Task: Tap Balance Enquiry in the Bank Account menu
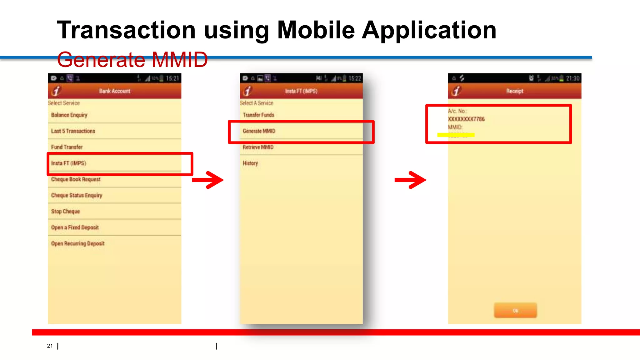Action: click(x=69, y=115)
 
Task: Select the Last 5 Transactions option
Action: click(x=73, y=131)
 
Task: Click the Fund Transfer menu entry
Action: click(x=67, y=147)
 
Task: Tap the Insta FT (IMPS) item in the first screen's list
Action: click(x=69, y=163)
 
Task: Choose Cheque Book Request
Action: click(x=76, y=179)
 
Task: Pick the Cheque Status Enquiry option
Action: click(x=77, y=195)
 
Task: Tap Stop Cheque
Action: click(x=66, y=211)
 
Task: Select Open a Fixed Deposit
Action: click(x=75, y=227)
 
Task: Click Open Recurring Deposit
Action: click(x=78, y=243)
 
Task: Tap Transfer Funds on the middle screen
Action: click(x=258, y=115)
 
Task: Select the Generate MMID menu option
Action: click(x=259, y=131)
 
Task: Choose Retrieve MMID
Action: click(x=258, y=147)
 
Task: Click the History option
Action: click(x=250, y=163)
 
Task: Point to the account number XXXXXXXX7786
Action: click(x=466, y=119)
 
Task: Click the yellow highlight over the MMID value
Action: click(x=456, y=135)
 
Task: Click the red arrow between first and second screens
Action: click(x=208, y=180)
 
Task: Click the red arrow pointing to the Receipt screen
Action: click(x=411, y=180)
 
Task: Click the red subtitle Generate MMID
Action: click(x=132, y=60)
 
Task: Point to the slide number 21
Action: click(x=50, y=346)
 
